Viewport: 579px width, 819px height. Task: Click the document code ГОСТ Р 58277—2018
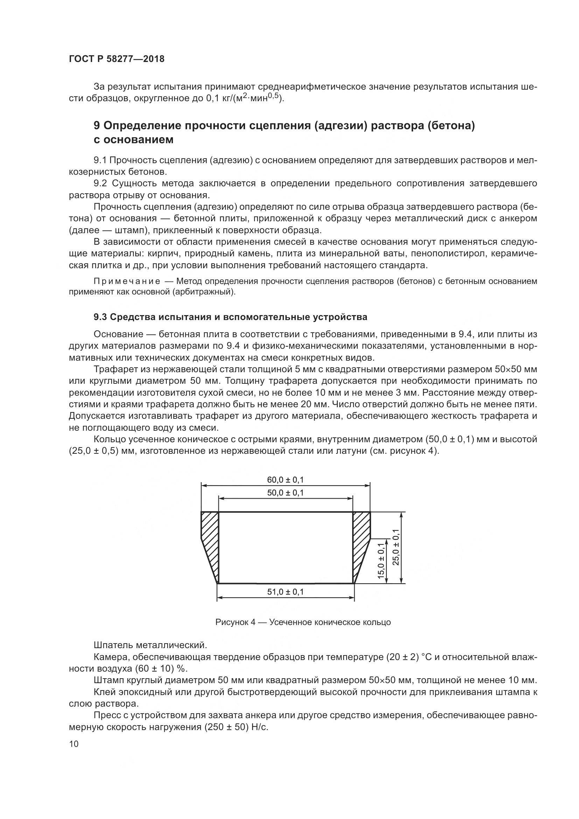[x=117, y=59]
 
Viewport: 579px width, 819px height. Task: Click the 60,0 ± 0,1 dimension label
[x=285, y=480]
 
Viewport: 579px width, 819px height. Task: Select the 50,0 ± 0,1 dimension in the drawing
[x=285, y=493]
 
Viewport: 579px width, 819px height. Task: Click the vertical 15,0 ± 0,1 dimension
[x=381, y=561]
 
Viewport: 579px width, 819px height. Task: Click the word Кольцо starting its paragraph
[x=110, y=439]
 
